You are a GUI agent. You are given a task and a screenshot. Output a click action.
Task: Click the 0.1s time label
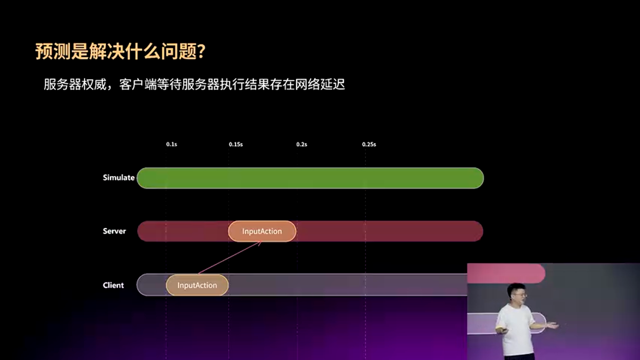coord(171,144)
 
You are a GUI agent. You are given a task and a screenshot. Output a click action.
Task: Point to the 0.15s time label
coord(236,144)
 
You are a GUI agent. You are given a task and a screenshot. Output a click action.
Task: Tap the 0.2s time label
coord(301,144)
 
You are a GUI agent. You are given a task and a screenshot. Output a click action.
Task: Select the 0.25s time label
coord(369,144)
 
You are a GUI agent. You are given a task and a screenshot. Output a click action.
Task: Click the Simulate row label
coord(118,177)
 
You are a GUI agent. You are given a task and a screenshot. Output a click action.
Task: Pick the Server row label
coord(114,231)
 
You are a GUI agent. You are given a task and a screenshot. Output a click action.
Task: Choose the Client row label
coord(113,285)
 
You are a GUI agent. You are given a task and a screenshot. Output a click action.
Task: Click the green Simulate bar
coord(310,178)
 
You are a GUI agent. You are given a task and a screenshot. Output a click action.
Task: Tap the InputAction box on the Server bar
coord(262,231)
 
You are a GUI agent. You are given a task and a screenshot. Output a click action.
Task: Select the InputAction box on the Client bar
coord(197,285)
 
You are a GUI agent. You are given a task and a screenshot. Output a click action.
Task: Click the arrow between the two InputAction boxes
coord(230,258)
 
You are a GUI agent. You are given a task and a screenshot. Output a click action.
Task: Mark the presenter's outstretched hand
coord(553,325)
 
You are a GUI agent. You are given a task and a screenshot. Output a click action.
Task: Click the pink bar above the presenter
coord(506,273)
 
